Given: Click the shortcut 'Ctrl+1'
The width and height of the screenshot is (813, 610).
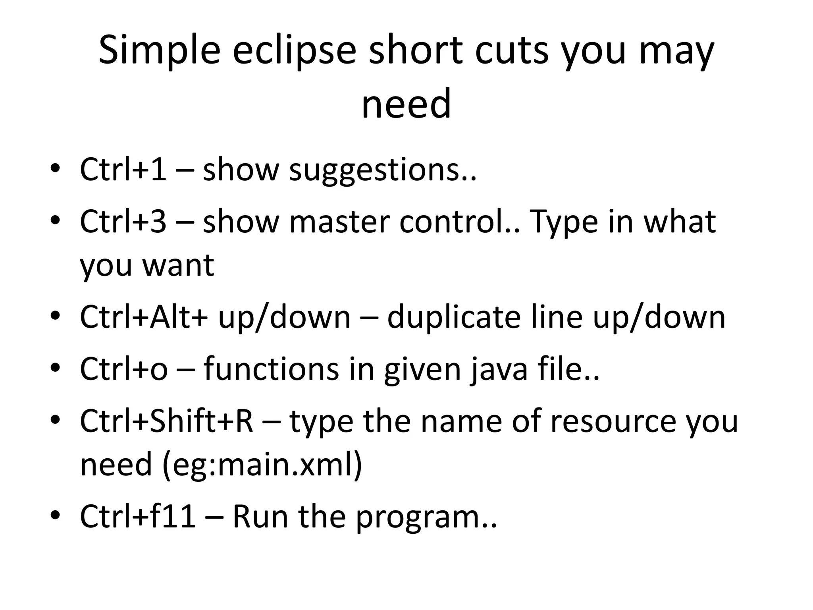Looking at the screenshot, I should coord(123,170).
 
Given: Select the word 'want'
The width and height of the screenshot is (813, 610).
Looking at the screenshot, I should coord(178,265).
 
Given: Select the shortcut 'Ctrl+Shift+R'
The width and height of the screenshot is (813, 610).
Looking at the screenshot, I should coord(166,421).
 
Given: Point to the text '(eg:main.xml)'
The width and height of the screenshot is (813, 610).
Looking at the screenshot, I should coord(262,464).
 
